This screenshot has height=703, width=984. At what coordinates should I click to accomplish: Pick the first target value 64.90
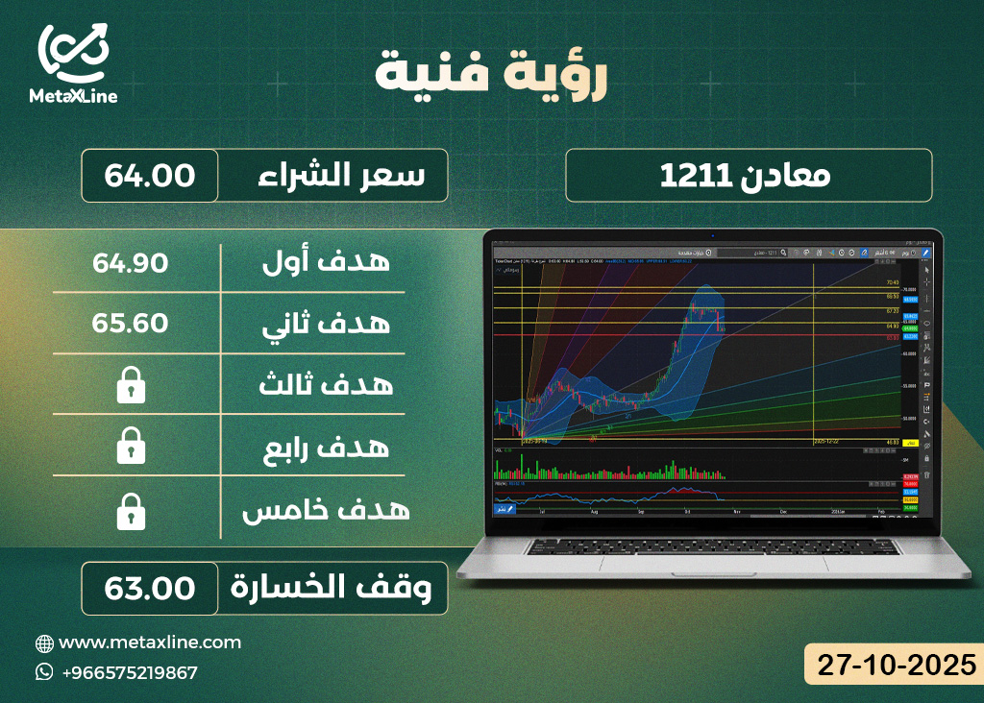(131, 262)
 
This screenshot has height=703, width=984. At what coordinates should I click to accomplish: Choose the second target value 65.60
(131, 324)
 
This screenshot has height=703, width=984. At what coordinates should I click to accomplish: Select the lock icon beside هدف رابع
(131, 447)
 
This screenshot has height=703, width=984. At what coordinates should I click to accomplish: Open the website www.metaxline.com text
(150, 642)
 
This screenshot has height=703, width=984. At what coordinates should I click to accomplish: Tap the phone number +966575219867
(129, 672)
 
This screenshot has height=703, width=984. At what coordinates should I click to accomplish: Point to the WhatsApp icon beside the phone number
(44, 672)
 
